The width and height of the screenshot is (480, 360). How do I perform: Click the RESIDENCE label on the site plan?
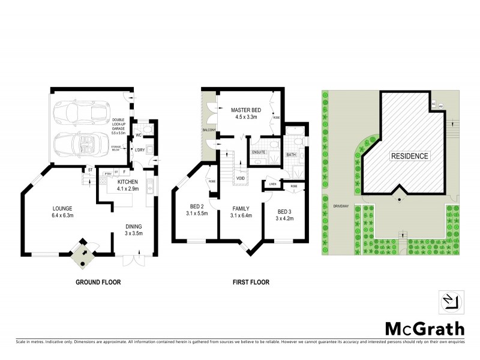pyautogui.click(x=410, y=156)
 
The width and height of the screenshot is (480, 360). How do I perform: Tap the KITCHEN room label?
pyautogui.click(x=128, y=185)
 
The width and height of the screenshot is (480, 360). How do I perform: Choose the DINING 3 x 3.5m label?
pyautogui.click(x=134, y=230)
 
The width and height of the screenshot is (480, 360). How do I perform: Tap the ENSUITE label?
pyautogui.click(x=259, y=153)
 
